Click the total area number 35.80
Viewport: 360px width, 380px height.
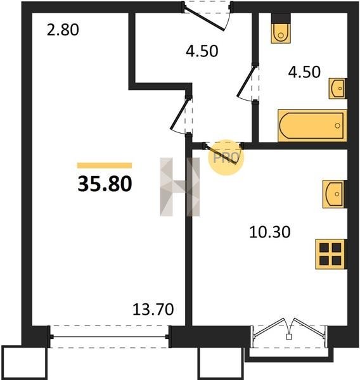pyautogui.click(x=105, y=184)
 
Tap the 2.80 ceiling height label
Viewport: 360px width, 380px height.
pyautogui.click(x=63, y=30)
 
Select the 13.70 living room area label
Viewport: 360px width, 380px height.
pyautogui.click(x=153, y=310)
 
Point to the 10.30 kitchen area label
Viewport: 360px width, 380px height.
pyautogui.click(x=270, y=232)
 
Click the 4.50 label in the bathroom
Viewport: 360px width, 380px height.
pyautogui.click(x=304, y=72)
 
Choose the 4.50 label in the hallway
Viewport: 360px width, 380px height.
pyautogui.click(x=202, y=51)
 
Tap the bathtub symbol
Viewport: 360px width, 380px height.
pyautogui.click(x=312, y=125)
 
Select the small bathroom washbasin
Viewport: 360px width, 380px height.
pyautogui.click(x=337, y=89)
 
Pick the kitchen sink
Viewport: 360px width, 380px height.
pyautogui.click(x=334, y=194)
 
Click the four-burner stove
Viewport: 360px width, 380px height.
pyautogui.click(x=330, y=254)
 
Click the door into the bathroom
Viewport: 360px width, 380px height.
pyautogui.click(x=248, y=82)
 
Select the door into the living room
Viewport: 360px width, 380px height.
pyautogui.click(x=181, y=115)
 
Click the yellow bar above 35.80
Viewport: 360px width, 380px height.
pyautogui.click(x=105, y=165)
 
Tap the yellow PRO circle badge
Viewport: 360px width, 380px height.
pyautogui.click(x=226, y=157)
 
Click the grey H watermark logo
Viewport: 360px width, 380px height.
pyautogui.click(x=180, y=187)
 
